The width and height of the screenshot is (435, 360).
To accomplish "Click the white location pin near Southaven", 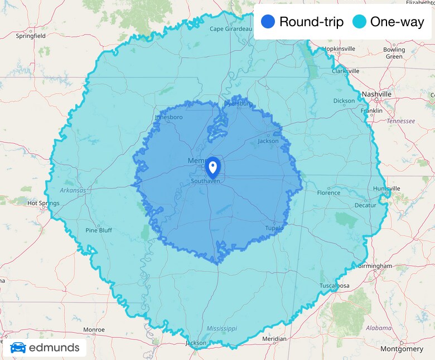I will tap(212, 167).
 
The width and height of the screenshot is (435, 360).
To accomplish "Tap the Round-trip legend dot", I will tap(268, 22).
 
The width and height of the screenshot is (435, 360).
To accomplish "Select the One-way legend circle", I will tap(360, 22).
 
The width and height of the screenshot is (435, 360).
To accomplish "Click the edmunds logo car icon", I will tap(18, 348).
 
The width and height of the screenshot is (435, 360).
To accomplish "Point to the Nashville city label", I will tap(376, 94).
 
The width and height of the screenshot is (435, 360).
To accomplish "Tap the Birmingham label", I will tap(375, 266).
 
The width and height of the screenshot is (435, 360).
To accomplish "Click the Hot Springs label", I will tap(43, 203).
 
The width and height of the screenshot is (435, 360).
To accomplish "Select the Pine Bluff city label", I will tap(99, 230).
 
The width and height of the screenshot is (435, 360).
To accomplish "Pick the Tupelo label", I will tap(274, 228).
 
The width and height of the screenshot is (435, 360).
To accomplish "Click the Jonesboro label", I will tap(168, 118).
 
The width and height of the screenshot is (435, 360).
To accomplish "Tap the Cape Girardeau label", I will tap(231, 29).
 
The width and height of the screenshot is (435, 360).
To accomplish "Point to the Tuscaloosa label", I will tap(335, 286).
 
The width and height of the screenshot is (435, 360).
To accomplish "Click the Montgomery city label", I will tap(402, 349).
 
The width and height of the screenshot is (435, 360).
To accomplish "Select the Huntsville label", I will tap(387, 188).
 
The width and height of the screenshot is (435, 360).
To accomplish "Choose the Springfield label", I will tap(31, 36).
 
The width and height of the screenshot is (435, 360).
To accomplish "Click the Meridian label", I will tap(274, 339).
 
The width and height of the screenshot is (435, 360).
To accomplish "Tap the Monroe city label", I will tap(94, 330).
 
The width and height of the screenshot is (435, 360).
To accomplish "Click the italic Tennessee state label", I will tap(401, 121).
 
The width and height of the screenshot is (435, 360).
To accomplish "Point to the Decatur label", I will tap(365, 205).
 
